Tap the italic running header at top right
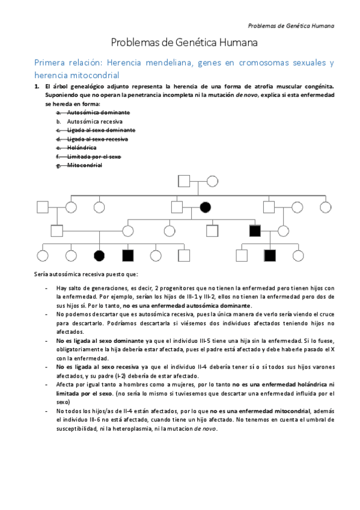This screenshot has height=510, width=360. (x=291, y=25)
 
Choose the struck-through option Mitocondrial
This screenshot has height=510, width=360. (x=84, y=165)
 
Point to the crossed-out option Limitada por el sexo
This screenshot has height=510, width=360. (x=94, y=156)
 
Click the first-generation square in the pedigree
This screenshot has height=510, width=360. (x=184, y=180)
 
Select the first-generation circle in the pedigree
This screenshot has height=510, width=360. (x=212, y=180)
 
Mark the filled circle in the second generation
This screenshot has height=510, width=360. (x=206, y=207)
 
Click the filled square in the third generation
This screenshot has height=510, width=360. (x=254, y=230)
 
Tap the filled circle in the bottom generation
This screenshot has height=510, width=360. (x=99, y=255)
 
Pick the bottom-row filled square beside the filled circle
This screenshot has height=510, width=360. (x=127, y=255)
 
